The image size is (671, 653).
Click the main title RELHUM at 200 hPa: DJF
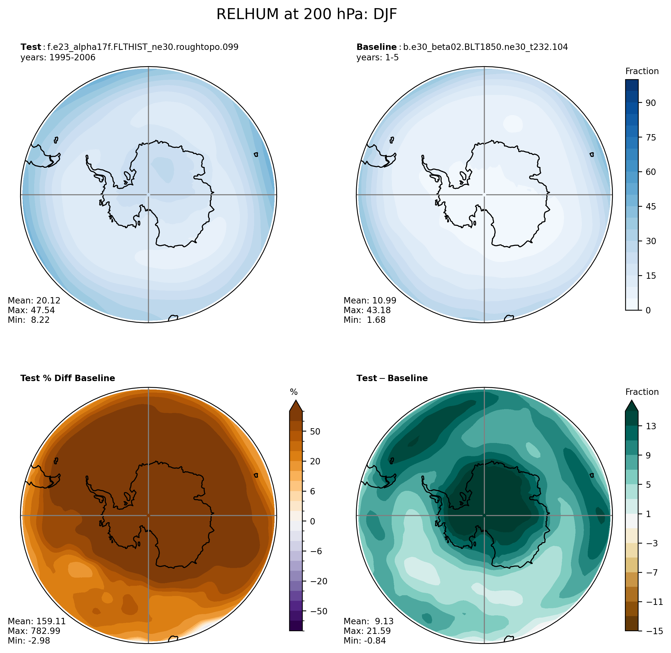[306, 15]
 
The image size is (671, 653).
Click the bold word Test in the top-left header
[31, 47]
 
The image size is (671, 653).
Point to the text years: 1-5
[377, 57]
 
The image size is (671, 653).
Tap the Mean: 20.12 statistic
[34, 300]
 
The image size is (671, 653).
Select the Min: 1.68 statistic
[364, 320]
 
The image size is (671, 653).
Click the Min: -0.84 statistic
[364, 640]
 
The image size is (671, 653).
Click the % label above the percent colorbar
[294, 392]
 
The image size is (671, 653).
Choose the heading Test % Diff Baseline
[67, 378]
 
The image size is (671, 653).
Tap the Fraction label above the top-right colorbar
[641, 71]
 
